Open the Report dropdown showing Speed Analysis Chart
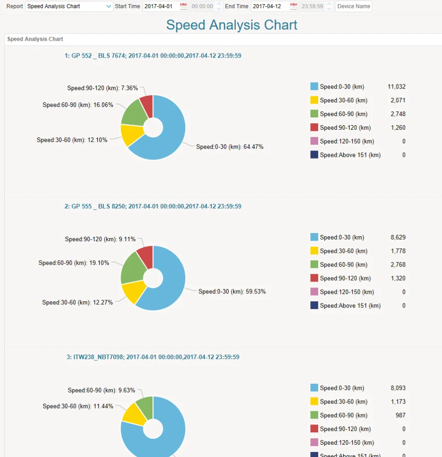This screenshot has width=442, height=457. [69, 6]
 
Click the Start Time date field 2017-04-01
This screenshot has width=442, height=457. [160, 6]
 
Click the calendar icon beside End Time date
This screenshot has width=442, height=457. [293, 6]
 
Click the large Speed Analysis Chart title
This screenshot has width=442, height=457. [232, 25]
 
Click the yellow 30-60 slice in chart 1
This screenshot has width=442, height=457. [132, 135]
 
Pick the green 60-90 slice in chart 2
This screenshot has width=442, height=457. [132, 267]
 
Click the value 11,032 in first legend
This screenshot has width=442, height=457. [396, 87]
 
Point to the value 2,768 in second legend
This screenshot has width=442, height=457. [398, 265]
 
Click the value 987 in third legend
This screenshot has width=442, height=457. [400, 415]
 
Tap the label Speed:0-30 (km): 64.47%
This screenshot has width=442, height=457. [229, 147]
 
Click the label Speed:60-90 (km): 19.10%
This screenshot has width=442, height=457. [74, 263]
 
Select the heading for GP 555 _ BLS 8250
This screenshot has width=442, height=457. [153, 207]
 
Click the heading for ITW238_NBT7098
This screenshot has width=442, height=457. [153, 357]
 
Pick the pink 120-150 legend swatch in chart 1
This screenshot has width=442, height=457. [314, 141]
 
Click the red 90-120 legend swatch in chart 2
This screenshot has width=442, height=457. [314, 278]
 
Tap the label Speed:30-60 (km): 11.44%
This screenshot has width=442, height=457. [78, 406]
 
